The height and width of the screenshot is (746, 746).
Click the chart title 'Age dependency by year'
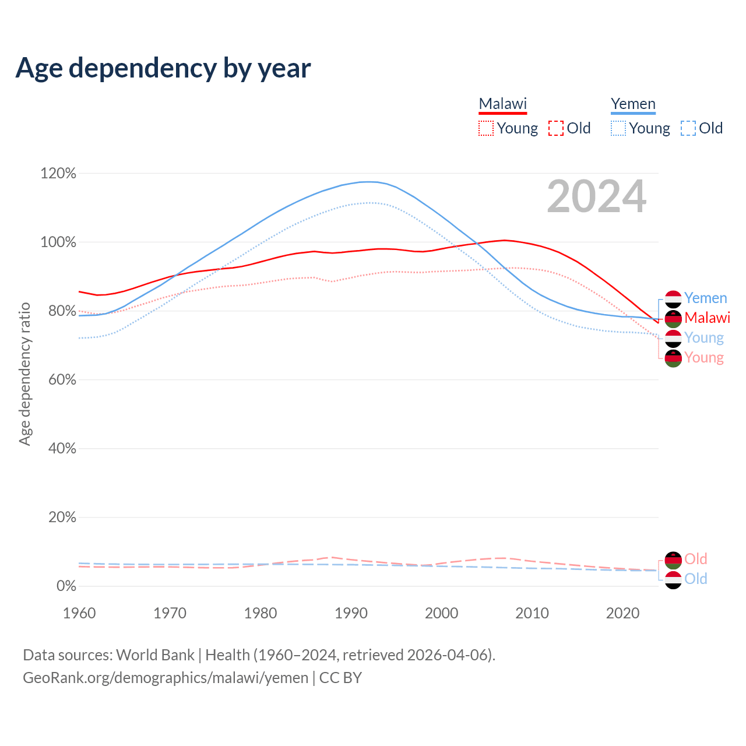click(x=163, y=68)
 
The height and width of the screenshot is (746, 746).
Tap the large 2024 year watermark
click(x=596, y=196)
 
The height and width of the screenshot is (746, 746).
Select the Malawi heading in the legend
click(x=502, y=104)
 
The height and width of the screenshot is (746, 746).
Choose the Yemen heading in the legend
click(x=633, y=104)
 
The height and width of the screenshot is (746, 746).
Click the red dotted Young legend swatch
click(x=486, y=128)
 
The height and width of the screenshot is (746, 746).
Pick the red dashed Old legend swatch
click(x=556, y=128)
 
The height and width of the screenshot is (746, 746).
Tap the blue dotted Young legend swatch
click(x=618, y=128)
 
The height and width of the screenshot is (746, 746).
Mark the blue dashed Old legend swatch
click(x=688, y=128)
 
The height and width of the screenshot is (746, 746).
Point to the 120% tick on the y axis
click(x=58, y=173)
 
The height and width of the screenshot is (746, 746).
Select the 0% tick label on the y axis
click(x=66, y=586)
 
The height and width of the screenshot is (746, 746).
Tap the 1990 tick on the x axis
click(x=351, y=613)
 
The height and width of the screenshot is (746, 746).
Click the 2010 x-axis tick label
click(x=532, y=613)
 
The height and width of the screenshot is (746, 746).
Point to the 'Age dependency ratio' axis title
click(x=24, y=374)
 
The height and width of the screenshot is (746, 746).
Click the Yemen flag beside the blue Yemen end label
click(x=673, y=299)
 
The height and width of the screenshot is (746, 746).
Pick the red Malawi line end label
click(x=707, y=318)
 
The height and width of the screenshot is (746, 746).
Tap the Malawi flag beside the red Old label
click(x=673, y=560)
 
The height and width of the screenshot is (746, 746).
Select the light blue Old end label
click(x=695, y=579)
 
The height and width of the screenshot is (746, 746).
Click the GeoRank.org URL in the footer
click(x=166, y=678)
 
